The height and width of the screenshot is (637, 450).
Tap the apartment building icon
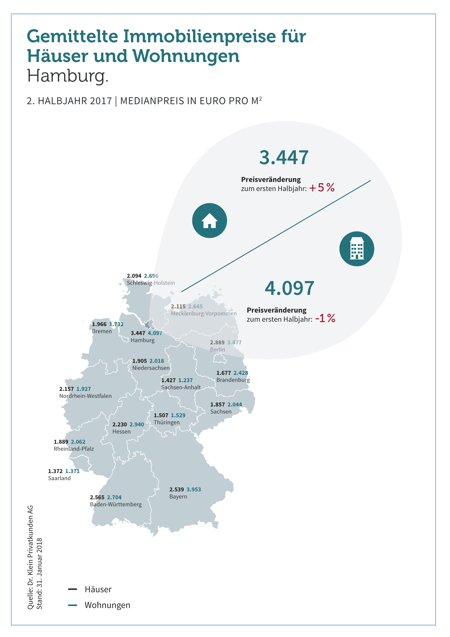pyautogui.click(x=357, y=249)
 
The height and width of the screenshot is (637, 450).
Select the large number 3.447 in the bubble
pyautogui.click(x=284, y=157)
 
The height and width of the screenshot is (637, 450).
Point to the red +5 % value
pyautogui.click(x=322, y=188)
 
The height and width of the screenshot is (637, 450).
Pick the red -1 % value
pyautogui.click(x=325, y=318)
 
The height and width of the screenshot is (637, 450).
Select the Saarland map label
pyautogui.click(x=59, y=478)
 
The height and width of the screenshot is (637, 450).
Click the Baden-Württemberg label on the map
pyautogui.click(x=116, y=504)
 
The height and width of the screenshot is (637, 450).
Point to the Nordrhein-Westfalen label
pyautogui.click(x=85, y=396)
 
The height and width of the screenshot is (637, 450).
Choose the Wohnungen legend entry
pyautogui.click(x=107, y=605)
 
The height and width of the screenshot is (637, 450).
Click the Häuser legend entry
pyautogui.click(x=98, y=589)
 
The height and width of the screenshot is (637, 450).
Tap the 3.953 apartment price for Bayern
pyautogui.click(x=193, y=490)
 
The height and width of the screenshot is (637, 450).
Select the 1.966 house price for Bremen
pyautogui.click(x=99, y=324)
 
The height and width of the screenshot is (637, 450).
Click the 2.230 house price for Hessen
pyautogui.click(x=119, y=424)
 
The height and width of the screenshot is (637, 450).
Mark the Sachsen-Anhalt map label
pyautogui.click(x=181, y=387)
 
